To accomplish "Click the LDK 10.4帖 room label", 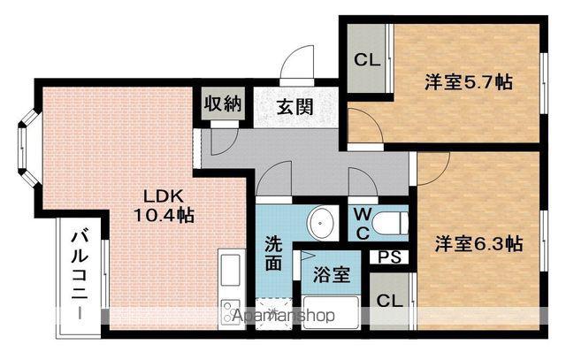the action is click(164, 206).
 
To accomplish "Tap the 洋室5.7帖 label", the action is click(469, 82).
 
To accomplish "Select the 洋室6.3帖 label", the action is click(478, 244).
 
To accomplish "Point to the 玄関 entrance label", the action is click(295, 107).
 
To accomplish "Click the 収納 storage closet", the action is click(223, 104).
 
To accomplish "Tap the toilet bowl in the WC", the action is click(390, 223).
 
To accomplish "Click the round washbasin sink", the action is click(321, 223).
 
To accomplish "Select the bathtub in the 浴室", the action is click(331, 313).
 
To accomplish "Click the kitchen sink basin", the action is click(231, 270).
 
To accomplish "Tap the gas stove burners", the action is click(231, 311).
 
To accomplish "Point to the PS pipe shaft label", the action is click(390, 257).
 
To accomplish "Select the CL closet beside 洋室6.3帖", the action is click(390, 301).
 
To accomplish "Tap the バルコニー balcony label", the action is click(80, 275).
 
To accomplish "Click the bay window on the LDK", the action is click(28, 148).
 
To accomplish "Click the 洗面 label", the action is click(273, 254).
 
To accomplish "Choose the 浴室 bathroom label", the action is click(332, 275).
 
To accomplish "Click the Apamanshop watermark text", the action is click(283, 316).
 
